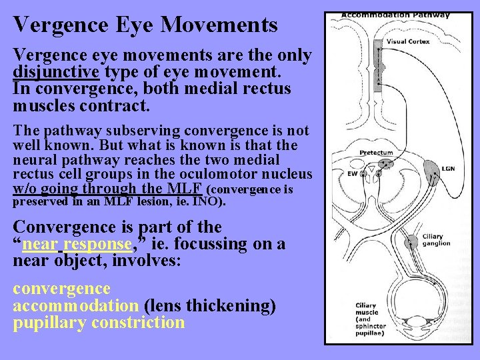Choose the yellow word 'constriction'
point(138,323)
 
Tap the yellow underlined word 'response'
point(97,244)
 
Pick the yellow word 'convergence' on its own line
point(61,289)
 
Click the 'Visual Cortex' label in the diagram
point(409,41)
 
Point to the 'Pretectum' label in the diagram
point(376,153)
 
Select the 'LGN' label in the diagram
point(449,169)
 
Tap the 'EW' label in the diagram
point(352,174)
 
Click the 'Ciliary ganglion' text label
point(437,240)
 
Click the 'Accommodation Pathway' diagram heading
point(396,15)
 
